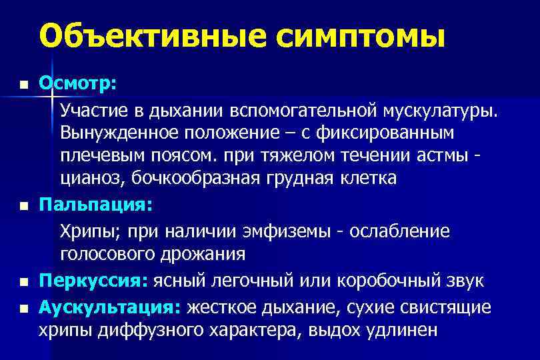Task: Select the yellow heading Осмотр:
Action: coord(78,84)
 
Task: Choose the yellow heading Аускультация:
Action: coord(110,307)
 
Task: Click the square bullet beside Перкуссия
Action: coord(23,283)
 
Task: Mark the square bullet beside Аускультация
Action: coord(23,308)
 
